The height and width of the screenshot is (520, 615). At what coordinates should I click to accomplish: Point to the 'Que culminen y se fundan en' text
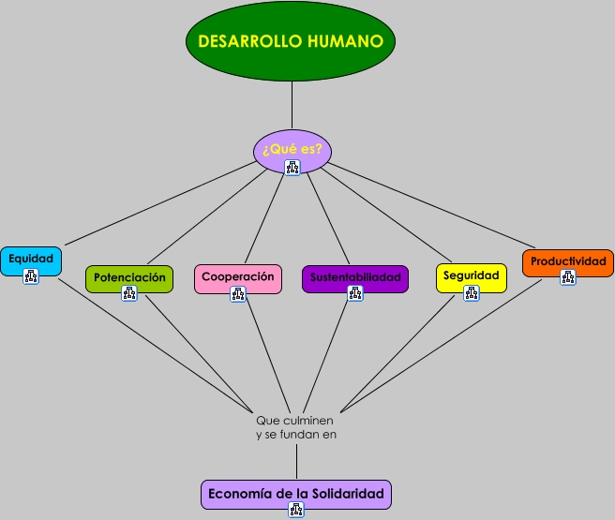pos(295,427)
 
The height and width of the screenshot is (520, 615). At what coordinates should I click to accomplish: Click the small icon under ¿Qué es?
pos(292,168)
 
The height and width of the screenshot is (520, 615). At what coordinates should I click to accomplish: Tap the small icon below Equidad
pos(31,276)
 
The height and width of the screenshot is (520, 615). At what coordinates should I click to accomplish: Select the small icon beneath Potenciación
pos(129,293)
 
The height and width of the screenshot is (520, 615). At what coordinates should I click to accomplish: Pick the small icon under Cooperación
pos(238,294)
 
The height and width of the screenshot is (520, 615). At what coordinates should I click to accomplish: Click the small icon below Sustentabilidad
pos(355,293)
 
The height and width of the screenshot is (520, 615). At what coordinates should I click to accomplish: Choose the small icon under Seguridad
pos(472,293)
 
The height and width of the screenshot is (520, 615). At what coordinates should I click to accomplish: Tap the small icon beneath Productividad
pos(567,277)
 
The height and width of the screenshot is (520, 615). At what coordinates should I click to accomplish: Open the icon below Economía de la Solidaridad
pos(296,511)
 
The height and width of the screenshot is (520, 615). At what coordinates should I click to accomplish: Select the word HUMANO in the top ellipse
pos(346,41)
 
